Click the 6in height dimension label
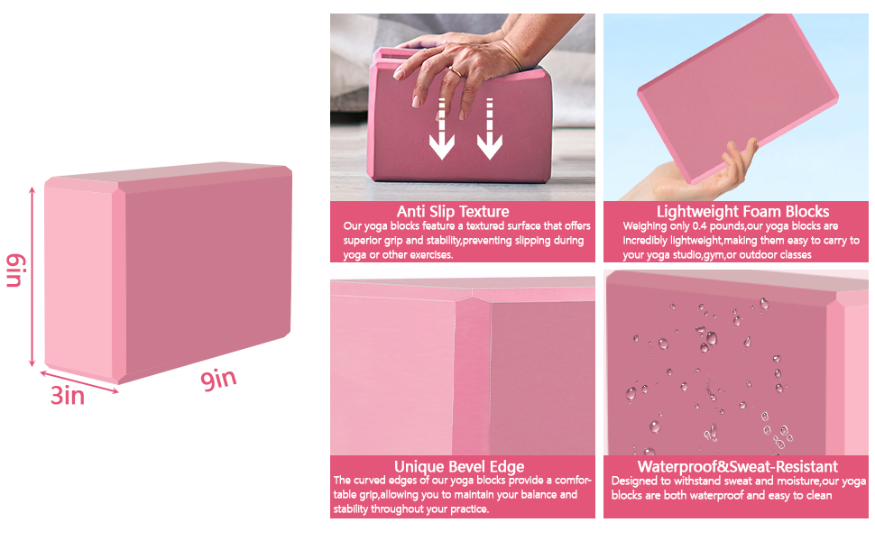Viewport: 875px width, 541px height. [14, 270]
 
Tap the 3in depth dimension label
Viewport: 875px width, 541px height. [67, 394]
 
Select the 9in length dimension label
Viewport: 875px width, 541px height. [218, 379]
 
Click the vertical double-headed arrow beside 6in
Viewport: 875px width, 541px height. [33, 275]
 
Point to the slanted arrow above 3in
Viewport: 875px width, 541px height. [81, 380]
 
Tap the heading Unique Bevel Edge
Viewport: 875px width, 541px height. [459, 466]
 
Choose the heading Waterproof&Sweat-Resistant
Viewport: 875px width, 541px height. [738, 466]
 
